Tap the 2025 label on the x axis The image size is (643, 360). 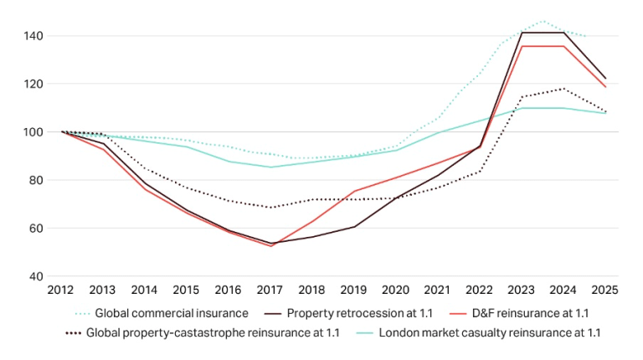(605, 291)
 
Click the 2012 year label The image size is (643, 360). (62, 291)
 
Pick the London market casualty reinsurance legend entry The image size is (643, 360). (490, 333)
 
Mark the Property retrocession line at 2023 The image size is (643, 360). (522, 33)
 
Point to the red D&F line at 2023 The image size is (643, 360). (522, 46)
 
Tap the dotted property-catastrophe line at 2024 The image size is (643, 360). (563, 89)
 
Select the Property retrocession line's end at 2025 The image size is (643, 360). (605, 79)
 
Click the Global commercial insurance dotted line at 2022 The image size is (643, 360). (480, 73)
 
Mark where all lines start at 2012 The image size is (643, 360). (62, 131)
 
